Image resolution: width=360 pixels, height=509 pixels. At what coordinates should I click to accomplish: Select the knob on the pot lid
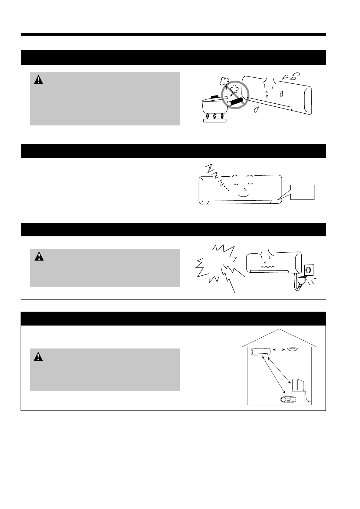tap(214, 97)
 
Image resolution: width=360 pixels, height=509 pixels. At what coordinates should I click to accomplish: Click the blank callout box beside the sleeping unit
tap(303, 192)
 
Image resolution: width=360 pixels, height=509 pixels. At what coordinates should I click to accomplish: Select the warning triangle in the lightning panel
tap(39, 256)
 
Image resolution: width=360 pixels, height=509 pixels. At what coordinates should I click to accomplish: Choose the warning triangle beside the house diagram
tap(38, 357)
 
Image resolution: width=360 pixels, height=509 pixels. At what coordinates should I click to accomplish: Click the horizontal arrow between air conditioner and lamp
tap(279, 350)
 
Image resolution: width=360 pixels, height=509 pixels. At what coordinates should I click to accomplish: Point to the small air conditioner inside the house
tap(260, 352)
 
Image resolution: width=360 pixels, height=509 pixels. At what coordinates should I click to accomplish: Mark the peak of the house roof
tap(280, 329)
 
